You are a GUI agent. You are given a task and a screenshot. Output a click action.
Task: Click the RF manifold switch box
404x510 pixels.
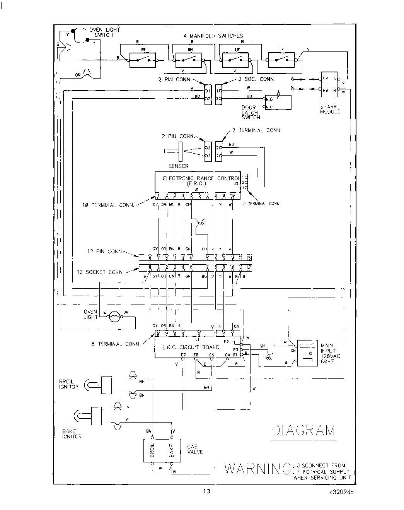click(x=141, y=60)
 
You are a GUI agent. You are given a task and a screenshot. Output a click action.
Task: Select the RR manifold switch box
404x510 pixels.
click(x=188, y=60)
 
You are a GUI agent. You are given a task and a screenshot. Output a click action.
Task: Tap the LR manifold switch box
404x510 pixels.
click(x=235, y=60)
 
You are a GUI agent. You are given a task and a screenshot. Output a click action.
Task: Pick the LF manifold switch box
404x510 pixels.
click(x=281, y=60)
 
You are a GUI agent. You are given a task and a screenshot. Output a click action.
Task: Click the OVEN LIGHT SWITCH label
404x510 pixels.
click(x=104, y=32)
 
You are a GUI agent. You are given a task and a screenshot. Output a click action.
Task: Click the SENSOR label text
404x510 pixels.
click(x=178, y=166)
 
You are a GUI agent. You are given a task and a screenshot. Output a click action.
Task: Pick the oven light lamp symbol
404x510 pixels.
click(x=115, y=317)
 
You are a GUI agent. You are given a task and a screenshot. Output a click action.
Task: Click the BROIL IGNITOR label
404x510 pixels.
click(x=69, y=384)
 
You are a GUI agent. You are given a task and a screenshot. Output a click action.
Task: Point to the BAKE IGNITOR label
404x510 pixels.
click(x=72, y=434)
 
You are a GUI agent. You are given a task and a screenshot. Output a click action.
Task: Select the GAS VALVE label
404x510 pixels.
click(x=195, y=449)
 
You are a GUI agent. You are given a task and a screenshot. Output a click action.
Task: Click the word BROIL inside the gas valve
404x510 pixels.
click(x=152, y=450)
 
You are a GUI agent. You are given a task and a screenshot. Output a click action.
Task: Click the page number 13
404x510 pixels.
click(x=207, y=491)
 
